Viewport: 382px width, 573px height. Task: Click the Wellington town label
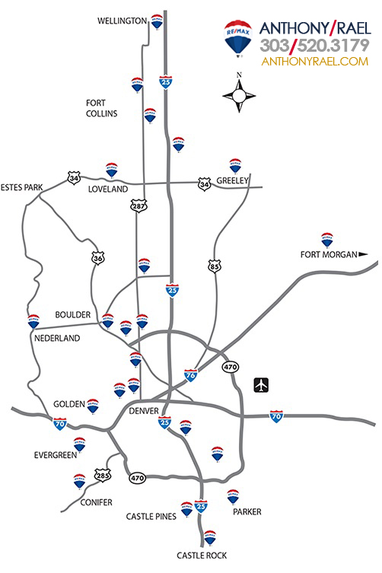tap(122, 21)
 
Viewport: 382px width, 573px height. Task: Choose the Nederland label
tap(56, 338)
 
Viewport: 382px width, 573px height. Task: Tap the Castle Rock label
tap(202, 555)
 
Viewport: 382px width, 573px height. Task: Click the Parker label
tap(247, 512)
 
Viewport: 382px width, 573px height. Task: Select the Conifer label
tap(95, 502)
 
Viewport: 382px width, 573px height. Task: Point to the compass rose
tap(239, 95)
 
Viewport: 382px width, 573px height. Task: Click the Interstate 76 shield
tap(193, 374)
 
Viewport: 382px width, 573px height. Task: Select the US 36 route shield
tap(97, 258)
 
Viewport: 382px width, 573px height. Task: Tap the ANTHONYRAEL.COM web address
tap(314, 62)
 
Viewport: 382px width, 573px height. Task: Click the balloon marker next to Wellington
tap(157, 21)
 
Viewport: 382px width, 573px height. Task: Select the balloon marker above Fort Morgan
tap(327, 239)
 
